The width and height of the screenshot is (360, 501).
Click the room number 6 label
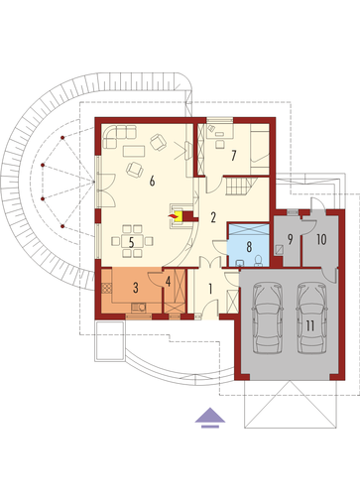(152, 182)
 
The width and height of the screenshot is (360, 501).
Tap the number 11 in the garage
(309, 326)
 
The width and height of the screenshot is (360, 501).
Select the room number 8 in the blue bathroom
(249, 246)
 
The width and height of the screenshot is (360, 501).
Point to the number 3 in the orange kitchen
(136, 288)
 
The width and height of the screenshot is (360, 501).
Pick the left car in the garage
(268, 317)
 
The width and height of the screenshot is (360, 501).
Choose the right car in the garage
(311, 317)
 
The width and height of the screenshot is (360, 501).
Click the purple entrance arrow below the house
(210, 418)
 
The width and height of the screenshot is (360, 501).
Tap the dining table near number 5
(132, 241)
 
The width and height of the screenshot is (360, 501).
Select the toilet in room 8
(259, 261)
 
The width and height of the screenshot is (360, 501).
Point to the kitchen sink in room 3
(139, 308)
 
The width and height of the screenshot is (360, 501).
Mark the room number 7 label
(234, 155)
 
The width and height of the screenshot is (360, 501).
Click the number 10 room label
(321, 239)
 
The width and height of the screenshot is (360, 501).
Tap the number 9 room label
(291, 239)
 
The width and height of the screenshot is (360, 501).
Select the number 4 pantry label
(168, 282)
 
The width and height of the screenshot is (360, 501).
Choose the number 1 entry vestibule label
(210, 289)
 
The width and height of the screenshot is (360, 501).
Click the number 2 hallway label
(213, 217)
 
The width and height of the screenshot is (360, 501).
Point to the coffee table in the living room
(134, 151)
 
